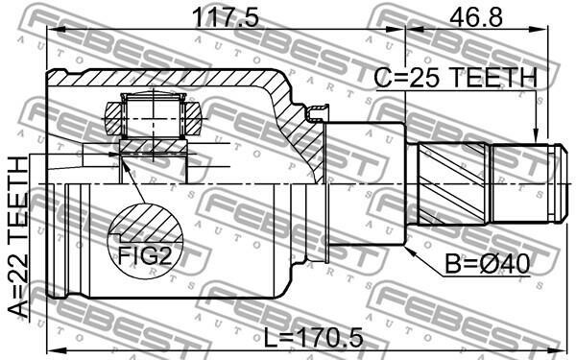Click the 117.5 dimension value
pos(226,17)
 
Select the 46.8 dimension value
pos(476,17)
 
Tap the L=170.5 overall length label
pos(314,337)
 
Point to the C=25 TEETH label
pos(455,78)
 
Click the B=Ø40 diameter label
pos(488,264)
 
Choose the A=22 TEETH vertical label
pos(18,237)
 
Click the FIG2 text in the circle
pos(145,255)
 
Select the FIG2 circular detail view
pos(145,241)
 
